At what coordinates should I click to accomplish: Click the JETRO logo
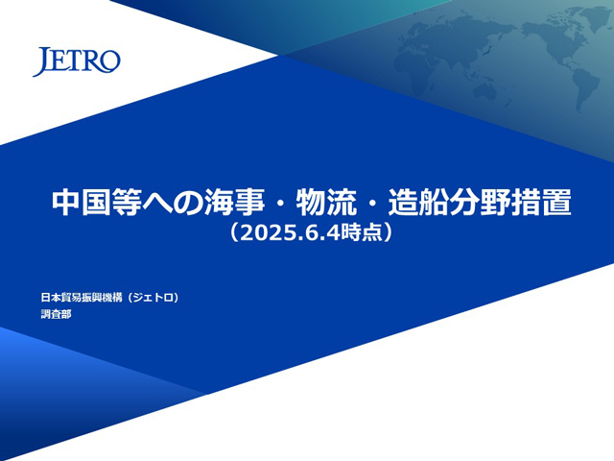(77, 61)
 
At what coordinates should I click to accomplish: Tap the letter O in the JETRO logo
(110, 61)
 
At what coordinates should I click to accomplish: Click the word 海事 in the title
(234, 203)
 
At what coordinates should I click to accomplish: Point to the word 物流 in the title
(326, 203)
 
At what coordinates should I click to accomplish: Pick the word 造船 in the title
(418, 203)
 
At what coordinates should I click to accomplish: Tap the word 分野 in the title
(480, 203)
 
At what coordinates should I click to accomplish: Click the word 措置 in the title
(541, 203)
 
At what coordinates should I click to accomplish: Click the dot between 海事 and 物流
(280, 204)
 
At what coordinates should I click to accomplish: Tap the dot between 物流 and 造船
(372, 204)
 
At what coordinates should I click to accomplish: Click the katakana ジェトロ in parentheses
(153, 298)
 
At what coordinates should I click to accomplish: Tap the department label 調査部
(56, 314)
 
